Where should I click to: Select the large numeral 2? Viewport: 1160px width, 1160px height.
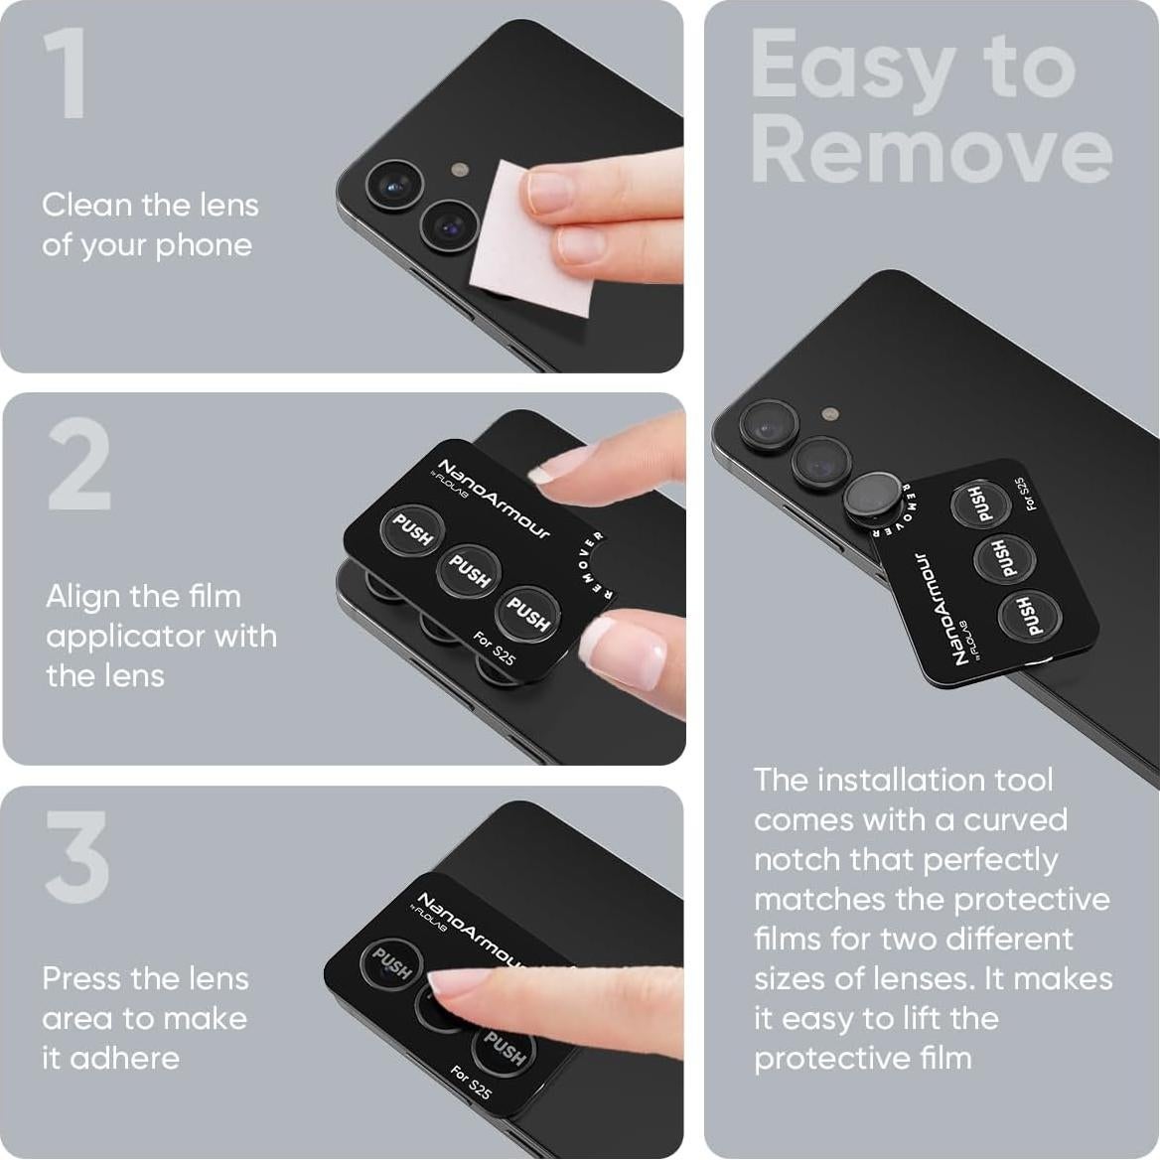[x=78, y=467]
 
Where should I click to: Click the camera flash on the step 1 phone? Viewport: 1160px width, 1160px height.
[x=458, y=170]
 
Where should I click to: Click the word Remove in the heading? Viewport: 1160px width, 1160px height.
[x=931, y=150]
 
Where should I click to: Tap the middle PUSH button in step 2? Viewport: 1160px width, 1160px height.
[x=469, y=571]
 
